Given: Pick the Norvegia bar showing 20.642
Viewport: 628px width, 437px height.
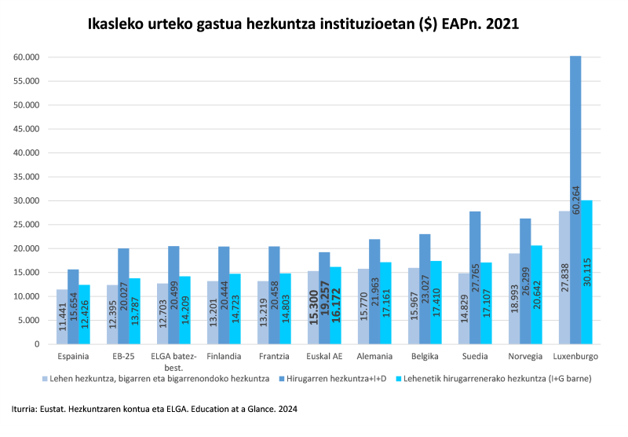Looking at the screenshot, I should pos(538,295).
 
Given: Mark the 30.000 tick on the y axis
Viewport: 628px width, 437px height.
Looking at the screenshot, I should pos(27,200).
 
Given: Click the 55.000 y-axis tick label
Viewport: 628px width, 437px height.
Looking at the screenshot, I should pos(27,81).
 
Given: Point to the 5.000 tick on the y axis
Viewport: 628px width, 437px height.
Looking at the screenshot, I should pos(30,321).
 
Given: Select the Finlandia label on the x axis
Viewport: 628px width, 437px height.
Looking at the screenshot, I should pos(223,356).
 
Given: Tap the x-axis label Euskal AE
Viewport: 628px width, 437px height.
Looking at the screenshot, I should pos(324,356).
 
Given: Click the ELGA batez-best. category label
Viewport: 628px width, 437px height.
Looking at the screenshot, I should pos(172,362).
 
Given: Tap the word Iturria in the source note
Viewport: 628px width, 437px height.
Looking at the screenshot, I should pos(27,409).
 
